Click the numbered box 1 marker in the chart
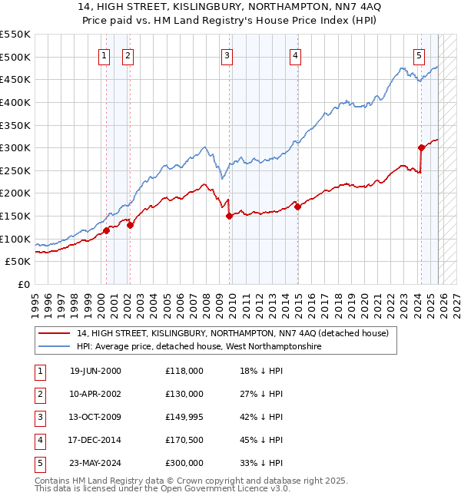104,55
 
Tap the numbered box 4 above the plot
296,55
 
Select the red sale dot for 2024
421,147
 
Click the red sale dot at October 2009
229,216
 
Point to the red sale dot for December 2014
297,207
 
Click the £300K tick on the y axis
15,147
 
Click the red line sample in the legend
54,333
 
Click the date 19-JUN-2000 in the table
95,371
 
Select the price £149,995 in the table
184,417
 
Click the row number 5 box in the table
39,463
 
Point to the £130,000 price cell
184,394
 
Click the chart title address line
230,7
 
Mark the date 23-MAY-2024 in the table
95,463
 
